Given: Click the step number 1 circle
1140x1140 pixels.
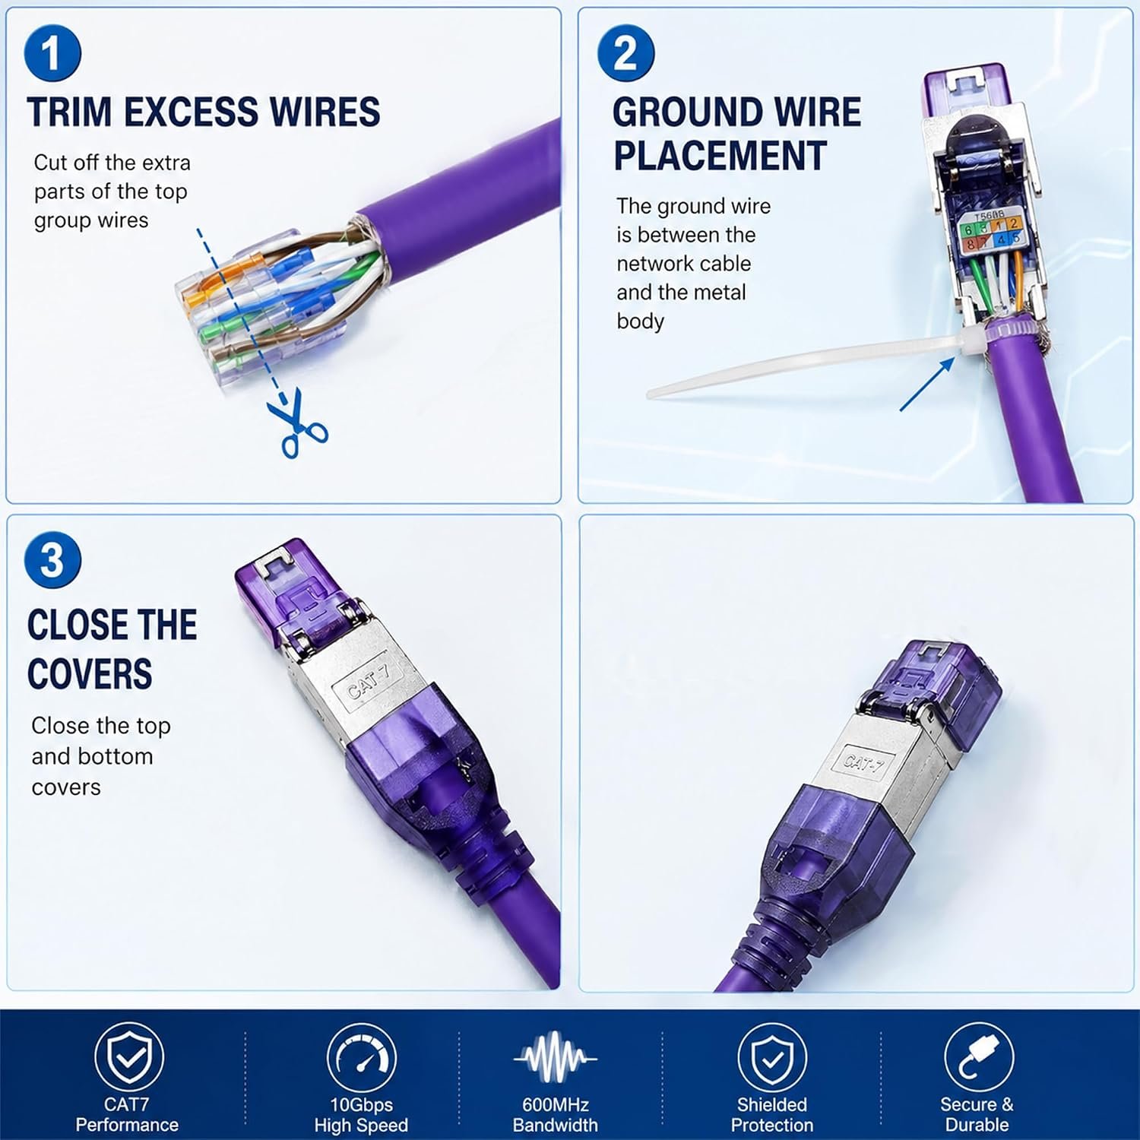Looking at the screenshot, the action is [52, 52].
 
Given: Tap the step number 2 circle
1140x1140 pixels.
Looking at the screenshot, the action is [625, 52].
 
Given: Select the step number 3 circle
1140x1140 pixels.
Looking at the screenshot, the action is [52, 560].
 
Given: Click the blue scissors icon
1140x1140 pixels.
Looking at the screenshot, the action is [297, 424].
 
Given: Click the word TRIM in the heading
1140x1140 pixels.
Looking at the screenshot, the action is [69, 112].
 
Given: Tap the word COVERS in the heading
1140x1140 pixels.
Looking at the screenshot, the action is [90, 673].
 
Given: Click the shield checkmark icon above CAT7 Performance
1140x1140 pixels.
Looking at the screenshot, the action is [128, 1057].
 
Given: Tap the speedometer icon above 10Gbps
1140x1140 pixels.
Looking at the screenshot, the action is [361, 1057].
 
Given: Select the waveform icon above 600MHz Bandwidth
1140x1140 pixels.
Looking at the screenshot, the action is [556, 1057].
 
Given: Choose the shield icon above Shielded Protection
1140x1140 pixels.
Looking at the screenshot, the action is [772, 1057].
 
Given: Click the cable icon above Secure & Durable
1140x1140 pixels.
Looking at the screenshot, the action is [978, 1057].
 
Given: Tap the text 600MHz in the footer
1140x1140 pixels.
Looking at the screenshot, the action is [556, 1105].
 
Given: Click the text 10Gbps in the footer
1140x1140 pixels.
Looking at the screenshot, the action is [361, 1105].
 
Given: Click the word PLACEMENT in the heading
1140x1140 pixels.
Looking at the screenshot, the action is [720, 156].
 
